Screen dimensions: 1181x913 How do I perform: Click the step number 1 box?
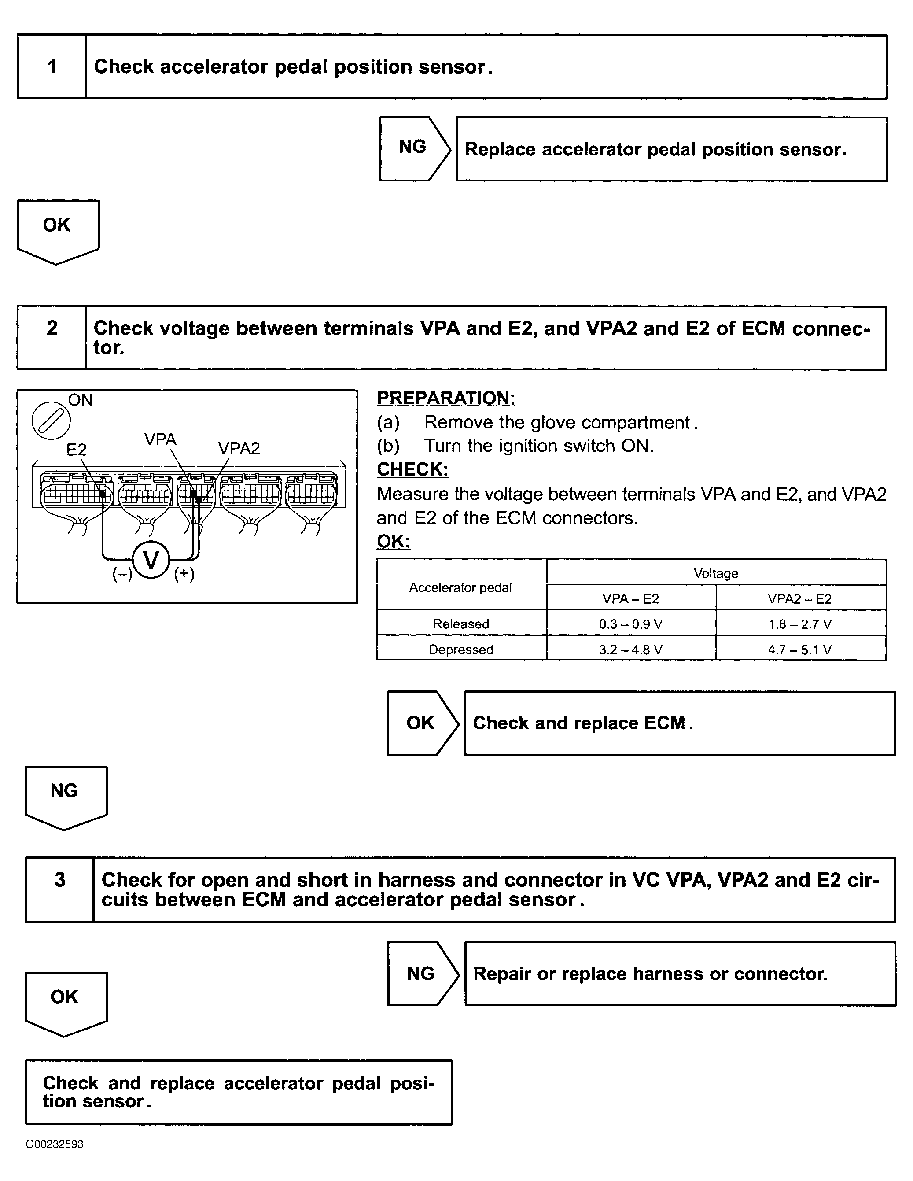point(52,66)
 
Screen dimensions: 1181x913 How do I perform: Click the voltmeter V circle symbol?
point(151,559)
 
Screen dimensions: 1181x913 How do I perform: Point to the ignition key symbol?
point(51,420)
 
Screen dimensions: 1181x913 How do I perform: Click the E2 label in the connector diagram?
point(76,449)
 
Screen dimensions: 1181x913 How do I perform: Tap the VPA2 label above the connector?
point(239,448)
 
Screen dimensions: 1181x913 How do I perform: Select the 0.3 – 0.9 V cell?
point(630,624)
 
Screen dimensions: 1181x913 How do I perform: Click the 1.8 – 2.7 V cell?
point(800,624)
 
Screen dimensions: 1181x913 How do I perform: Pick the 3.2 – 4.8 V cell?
point(630,650)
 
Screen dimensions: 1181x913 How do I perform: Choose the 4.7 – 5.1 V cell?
point(800,650)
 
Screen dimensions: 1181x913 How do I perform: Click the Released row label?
point(460,624)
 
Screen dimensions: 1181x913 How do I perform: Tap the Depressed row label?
point(460,650)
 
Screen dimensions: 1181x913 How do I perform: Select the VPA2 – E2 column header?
point(800,598)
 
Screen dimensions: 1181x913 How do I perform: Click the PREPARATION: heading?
point(446,398)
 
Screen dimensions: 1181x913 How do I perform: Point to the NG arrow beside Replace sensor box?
point(413,148)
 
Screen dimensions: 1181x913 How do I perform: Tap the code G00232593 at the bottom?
point(55,1144)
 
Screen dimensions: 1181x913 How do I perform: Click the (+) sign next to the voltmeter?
point(184,573)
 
